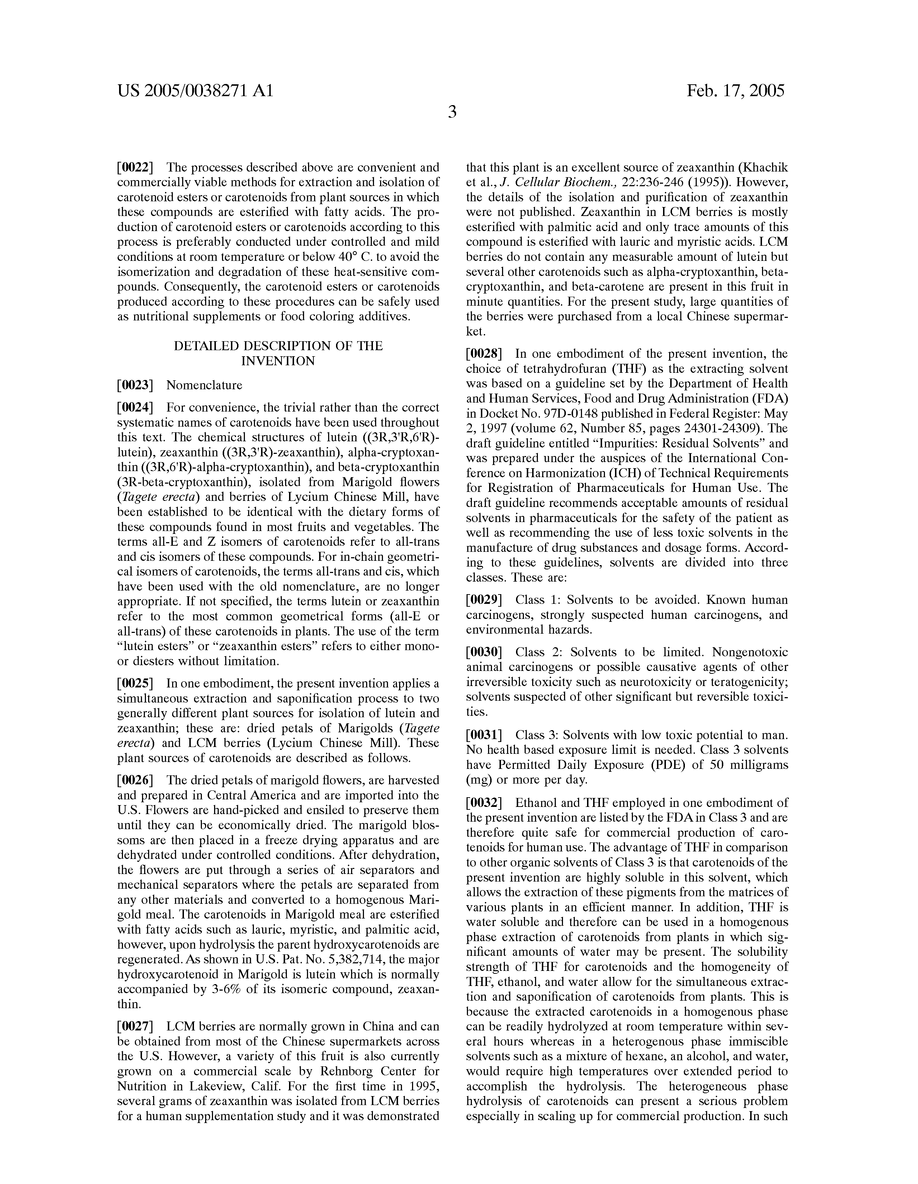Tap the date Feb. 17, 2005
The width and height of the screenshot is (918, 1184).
point(735,90)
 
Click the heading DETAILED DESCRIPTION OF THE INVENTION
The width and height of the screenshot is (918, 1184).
point(278,353)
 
